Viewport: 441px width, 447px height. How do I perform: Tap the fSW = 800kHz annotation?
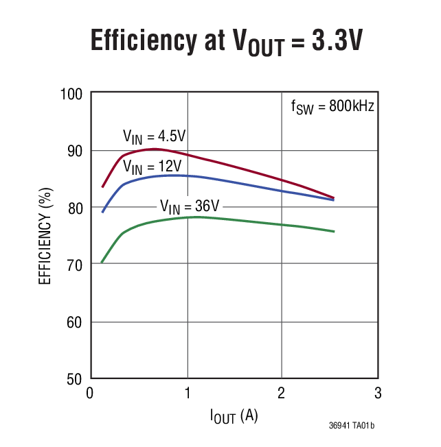pyautogui.click(x=332, y=107)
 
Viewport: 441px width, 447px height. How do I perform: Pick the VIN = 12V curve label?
pyautogui.click(x=152, y=167)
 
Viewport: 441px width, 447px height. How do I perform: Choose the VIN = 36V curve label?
pyautogui.click(x=189, y=205)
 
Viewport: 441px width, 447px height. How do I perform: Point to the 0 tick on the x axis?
pyautogui.click(x=90, y=394)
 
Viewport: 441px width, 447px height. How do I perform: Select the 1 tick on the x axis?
pyautogui.click(x=187, y=394)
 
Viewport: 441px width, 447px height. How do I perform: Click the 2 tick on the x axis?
pyautogui.click(x=282, y=394)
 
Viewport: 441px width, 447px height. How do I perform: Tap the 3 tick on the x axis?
pyautogui.click(x=377, y=394)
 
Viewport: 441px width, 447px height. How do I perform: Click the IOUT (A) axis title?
pyautogui.click(x=234, y=415)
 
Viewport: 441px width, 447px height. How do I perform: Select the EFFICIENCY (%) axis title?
pyautogui.click(x=45, y=237)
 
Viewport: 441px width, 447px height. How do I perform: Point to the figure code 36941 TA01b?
pyautogui.click(x=351, y=426)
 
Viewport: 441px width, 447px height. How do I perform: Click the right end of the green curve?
pyautogui.click(x=334, y=232)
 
